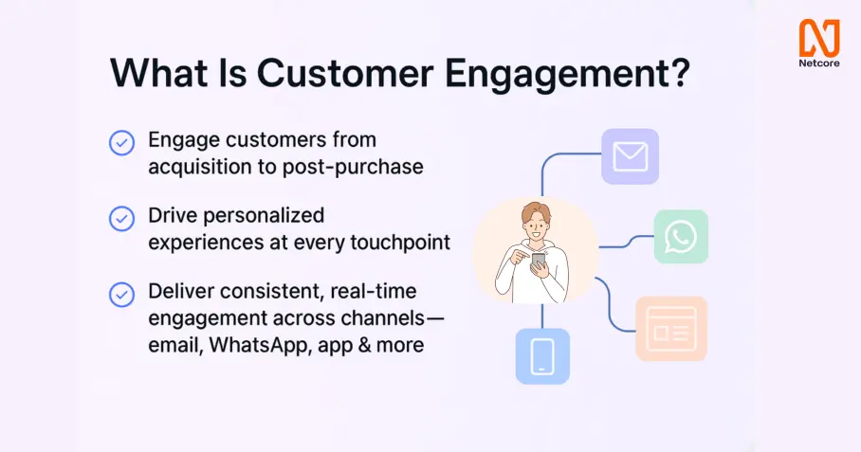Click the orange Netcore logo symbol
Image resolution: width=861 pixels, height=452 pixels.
(819, 38)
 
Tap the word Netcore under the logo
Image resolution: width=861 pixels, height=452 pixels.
(819, 63)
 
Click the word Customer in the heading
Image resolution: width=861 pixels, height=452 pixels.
(345, 72)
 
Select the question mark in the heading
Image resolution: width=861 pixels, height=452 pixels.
(680, 72)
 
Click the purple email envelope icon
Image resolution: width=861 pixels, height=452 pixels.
(630, 156)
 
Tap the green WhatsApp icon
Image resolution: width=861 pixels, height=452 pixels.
(681, 236)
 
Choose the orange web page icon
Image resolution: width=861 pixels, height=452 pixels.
(671, 329)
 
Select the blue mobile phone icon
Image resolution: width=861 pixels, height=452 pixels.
(542, 356)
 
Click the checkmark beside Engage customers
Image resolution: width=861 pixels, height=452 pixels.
(122, 143)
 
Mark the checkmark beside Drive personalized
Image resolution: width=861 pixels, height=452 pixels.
(122, 219)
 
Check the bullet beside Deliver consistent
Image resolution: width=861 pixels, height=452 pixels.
(122, 295)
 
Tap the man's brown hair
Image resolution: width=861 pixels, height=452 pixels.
(536, 212)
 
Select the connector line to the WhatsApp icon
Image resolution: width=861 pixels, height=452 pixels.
(626, 242)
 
